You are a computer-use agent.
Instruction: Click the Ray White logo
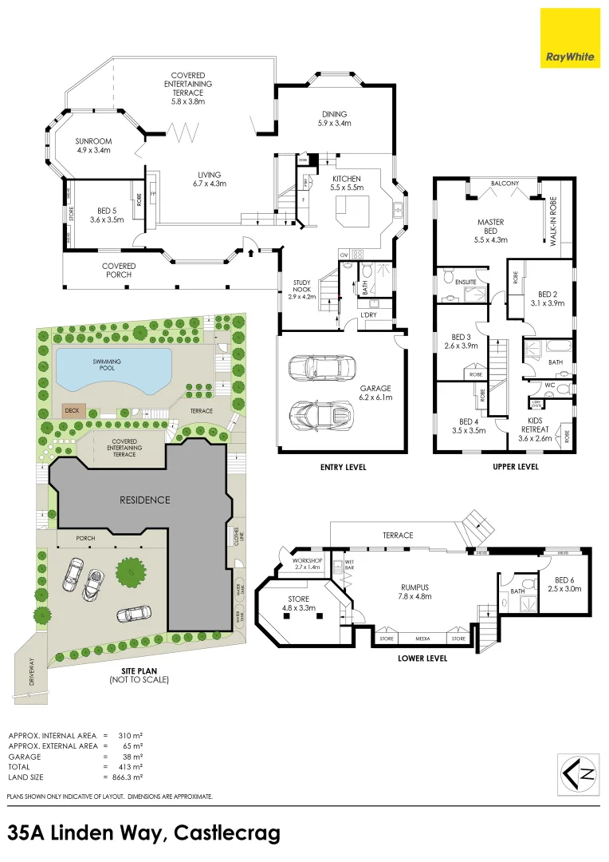pyautogui.click(x=571, y=38)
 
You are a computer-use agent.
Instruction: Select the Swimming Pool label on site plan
pyautogui.click(x=112, y=366)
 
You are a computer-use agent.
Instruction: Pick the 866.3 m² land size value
pyautogui.click(x=128, y=777)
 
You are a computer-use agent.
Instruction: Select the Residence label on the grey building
pyautogui.click(x=144, y=500)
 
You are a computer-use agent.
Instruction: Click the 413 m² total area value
pyautogui.click(x=131, y=766)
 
